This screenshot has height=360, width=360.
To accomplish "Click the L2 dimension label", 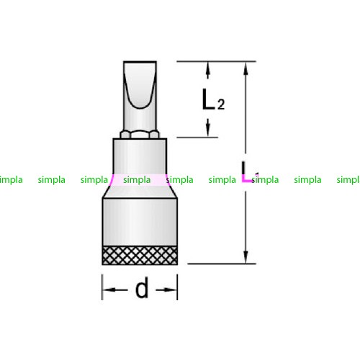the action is (x=213, y=99).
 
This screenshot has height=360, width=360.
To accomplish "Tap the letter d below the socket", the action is (x=142, y=287).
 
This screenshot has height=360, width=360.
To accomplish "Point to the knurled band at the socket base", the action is (x=140, y=256).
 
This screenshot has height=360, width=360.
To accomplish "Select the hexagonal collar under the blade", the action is (x=140, y=135).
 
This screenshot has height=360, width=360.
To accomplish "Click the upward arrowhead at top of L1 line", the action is (x=246, y=69).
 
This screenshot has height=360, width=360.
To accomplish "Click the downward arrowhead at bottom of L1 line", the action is (x=246, y=256).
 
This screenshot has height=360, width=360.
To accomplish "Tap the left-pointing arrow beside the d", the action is (x=116, y=289).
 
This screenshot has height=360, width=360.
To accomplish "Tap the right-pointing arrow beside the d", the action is (x=166, y=289).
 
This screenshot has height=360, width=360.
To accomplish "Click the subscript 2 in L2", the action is (x=221, y=104).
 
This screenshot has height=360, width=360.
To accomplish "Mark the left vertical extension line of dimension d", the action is (x=102, y=287).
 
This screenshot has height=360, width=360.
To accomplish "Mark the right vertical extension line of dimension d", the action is (x=177, y=287).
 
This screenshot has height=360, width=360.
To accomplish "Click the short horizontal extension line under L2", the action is (x=197, y=138).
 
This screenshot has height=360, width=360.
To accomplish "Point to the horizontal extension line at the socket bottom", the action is (x=222, y=264).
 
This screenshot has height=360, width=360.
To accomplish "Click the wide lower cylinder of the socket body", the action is (x=140, y=222).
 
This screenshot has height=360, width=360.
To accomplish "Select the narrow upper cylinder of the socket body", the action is (x=140, y=156).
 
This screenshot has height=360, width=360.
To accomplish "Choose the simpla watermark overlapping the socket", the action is (x=137, y=180).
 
